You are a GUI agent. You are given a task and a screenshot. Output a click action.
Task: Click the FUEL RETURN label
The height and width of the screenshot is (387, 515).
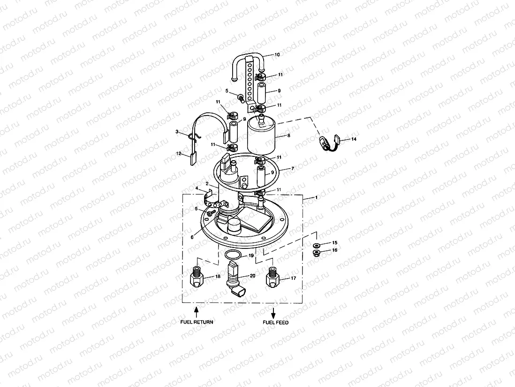pyautogui.click(x=197, y=322)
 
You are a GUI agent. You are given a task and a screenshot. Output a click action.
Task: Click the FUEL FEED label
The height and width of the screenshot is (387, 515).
pyautogui.click(x=276, y=323)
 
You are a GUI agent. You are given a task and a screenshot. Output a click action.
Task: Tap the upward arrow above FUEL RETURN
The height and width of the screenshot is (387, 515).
pyautogui.click(x=197, y=310)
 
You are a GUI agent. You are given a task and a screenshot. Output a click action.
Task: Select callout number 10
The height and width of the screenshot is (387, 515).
pyautogui.click(x=277, y=55)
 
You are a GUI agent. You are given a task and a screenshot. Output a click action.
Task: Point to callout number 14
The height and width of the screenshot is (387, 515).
pyautogui.click(x=354, y=139)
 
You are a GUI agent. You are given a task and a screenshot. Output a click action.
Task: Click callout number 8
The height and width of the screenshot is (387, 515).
pyautogui.click(x=288, y=135)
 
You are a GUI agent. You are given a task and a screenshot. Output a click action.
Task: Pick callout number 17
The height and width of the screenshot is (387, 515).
pyautogui.click(x=293, y=279)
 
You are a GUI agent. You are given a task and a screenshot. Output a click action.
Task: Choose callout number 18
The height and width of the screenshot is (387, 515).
pyautogui.click(x=217, y=277)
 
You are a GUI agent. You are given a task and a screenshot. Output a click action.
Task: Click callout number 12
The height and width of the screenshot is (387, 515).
pyautogui.click(x=179, y=154)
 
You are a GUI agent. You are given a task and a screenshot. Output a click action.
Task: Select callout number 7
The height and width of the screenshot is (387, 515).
pyautogui.click(x=292, y=168)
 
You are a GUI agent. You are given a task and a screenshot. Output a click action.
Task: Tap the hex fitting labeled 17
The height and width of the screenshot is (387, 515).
pyautogui.click(x=273, y=279)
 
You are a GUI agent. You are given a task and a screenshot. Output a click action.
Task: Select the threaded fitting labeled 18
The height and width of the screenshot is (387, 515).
pyautogui.click(x=197, y=277)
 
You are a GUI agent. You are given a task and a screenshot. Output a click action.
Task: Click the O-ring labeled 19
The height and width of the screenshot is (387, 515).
pyautogui.click(x=233, y=255)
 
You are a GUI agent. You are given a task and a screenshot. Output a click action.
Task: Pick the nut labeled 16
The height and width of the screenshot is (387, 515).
pyautogui.click(x=317, y=254)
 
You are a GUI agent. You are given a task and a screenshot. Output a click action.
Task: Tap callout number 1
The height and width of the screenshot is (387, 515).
pyautogui.click(x=316, y=198)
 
